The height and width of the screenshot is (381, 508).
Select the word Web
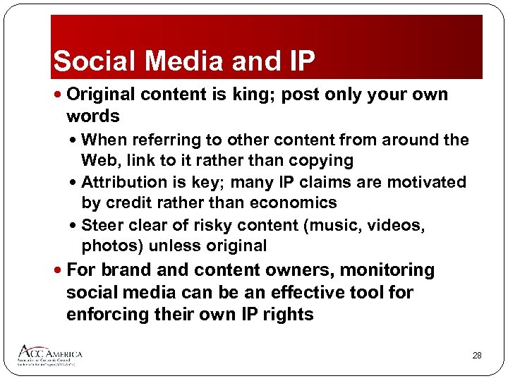point(99,160)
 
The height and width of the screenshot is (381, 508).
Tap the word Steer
point(102,225)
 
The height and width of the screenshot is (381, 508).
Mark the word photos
point(107,246)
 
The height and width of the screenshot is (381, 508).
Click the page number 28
point(477,356)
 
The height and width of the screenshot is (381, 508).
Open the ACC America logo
point(49,355)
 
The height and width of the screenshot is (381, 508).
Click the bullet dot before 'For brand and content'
point(59,270)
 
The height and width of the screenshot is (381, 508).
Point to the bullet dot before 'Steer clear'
point(75,226)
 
